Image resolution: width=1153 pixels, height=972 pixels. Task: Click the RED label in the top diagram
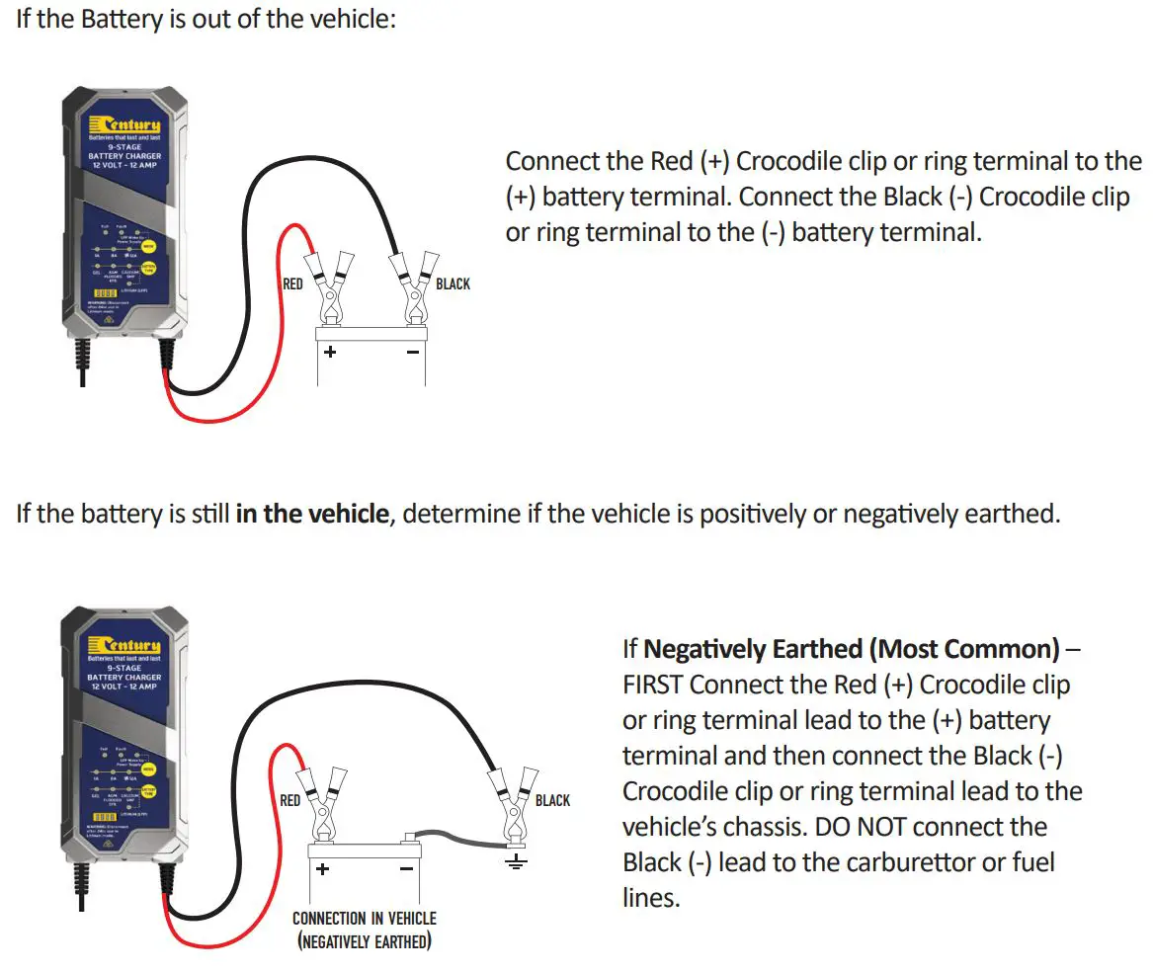tap(293, 284)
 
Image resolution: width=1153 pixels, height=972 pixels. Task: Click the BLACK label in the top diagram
tap(453, 284)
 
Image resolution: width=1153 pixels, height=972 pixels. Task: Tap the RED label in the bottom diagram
tap(290, 800)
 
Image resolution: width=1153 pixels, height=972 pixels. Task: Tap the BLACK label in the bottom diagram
tap(552, 800)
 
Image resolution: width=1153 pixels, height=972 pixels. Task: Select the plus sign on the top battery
tap(330, 352)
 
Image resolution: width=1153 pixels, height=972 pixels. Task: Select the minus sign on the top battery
tap(413, 352)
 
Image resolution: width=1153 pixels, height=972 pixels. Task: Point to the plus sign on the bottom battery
tap(322, 869)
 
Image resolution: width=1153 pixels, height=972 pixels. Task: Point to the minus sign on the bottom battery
tap(405, 869)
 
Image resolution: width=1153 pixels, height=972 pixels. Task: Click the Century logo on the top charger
tap(124, 124)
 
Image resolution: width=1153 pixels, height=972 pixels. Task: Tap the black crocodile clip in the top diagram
tap(414, 286)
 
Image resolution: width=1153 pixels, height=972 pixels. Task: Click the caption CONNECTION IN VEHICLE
tap(364, 919)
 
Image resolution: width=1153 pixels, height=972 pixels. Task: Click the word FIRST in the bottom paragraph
tap(653, 684)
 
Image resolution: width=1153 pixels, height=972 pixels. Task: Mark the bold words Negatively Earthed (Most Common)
tap(851, 649)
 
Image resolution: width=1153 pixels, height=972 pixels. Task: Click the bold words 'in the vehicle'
tap(311, 515)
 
